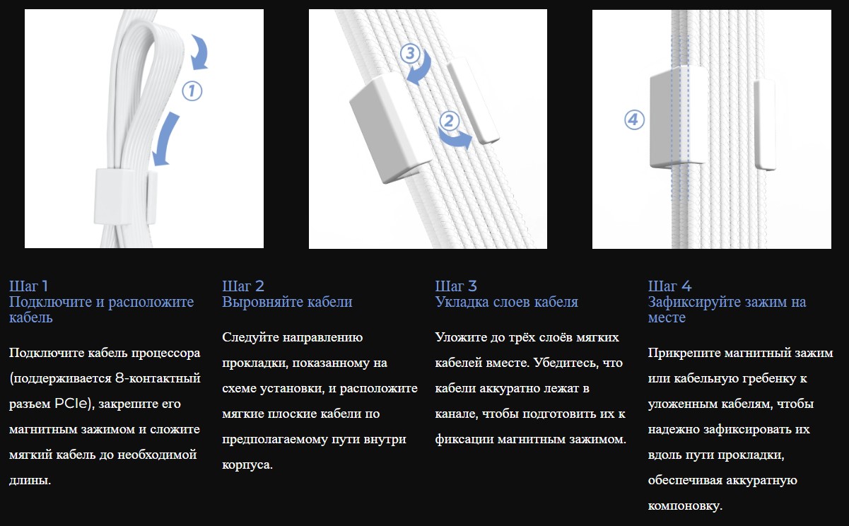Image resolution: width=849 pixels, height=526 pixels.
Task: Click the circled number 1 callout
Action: tap(192, 91)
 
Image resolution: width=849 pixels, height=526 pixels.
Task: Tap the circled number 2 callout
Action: tap(449, 121)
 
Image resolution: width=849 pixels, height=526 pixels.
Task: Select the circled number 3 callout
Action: tap(410, 53)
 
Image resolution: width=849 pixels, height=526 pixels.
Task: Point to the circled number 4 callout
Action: tap(634, 119)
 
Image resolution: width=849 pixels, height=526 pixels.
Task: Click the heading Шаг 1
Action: tap(28, 286)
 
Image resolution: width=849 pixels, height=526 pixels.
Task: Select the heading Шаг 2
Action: tap(243, 286)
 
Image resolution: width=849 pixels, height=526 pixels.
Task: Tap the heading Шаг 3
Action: tap(456, 286)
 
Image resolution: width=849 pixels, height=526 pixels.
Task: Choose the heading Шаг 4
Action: tap(669, 286)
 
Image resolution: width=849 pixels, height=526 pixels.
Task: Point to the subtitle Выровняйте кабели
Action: tap(287, 302)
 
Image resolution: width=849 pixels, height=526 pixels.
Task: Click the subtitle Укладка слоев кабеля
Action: tap(507, 302)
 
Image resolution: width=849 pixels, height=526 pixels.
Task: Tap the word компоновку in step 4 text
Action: tap(685, 506)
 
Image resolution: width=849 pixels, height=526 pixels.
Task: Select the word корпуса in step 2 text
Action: tap(247, 465)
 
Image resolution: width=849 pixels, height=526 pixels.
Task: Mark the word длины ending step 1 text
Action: tap(30, 481)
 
